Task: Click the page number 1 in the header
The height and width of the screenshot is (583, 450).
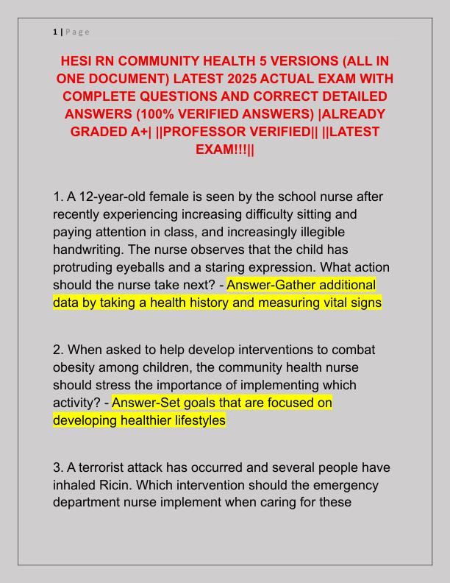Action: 55,31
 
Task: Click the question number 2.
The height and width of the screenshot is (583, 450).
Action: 58,350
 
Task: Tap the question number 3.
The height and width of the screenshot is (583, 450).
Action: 58,468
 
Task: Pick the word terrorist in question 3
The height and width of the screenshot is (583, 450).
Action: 103,468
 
